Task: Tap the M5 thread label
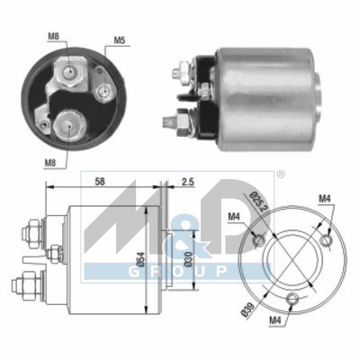[x=120, y=41]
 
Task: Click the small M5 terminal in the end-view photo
[x=105, y=91]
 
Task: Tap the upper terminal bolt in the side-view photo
[x=182, y=67]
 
